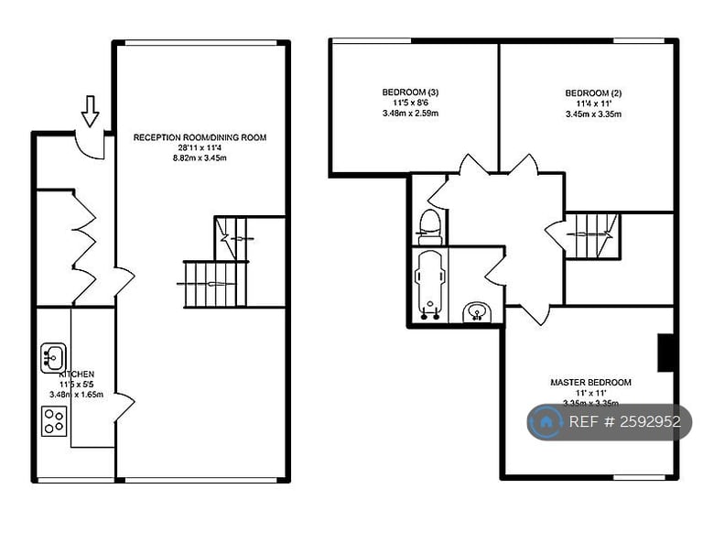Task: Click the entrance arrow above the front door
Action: pos(90,111)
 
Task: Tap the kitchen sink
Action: pos(50,356)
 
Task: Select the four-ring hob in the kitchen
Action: pos(53,420)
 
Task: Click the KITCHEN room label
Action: pos(77,375)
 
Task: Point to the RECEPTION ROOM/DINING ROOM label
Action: pos(200,137)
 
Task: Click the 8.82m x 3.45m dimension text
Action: pos(200,157)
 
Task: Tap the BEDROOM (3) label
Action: pos(410,92)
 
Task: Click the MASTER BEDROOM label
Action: pos(590,382)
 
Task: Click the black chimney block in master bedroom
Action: pos(666,352)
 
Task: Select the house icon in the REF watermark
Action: pos(546,422)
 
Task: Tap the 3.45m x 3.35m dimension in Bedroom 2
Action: pos(593,114)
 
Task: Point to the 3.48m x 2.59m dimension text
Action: pos(410,114)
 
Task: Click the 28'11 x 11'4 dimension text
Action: pos(200,147)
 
